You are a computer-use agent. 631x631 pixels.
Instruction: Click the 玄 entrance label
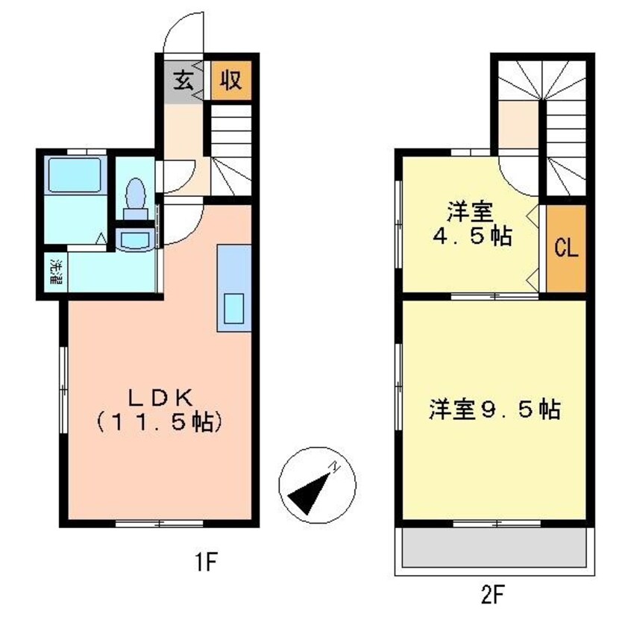[183, 79]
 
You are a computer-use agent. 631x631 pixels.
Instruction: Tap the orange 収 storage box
[230, 79]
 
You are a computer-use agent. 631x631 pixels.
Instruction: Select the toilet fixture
[136, 196]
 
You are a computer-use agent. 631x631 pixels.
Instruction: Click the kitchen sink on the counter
[234, 308]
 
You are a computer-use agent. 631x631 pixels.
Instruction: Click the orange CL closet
[566, 249]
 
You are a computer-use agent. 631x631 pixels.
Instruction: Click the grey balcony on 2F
[494, 550]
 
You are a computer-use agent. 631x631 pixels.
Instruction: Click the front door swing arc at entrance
[179, 36]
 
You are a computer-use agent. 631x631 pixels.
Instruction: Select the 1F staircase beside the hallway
[230, 149]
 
